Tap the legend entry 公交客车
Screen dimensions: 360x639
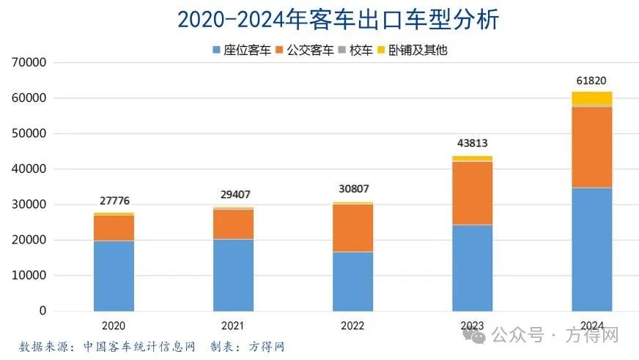click(x=310, y=51)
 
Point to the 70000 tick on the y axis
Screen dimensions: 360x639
click(x=30, y=63)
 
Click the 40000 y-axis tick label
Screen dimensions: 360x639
click(x=30, y=169)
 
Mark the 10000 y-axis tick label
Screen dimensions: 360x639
click(x=30, y=276)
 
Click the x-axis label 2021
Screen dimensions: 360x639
click(x=233, y=326)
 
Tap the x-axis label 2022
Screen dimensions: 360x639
click(x=352, y=326)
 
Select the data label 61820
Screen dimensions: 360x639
click(x=591, y=81)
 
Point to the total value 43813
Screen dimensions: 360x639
click(x=472, y=144)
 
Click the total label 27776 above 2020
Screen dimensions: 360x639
click(x=114, y=201)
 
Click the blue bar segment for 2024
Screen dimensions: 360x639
click(x=591, y=249)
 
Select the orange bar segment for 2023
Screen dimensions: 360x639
click(x=472, y=193)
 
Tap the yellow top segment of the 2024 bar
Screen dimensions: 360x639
click(x=591, y=98)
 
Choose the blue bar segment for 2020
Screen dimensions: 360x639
click(x=114, y=276)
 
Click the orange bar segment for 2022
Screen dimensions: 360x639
click(x=352, y=228)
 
